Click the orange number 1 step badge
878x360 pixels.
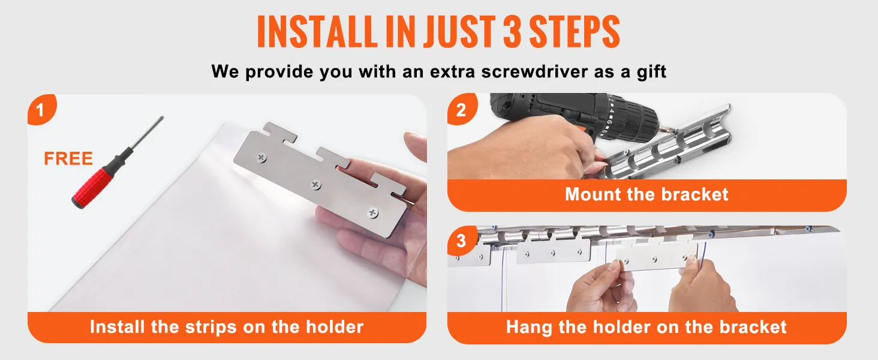click(41, 109)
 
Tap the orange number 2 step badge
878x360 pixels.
click(462, 109)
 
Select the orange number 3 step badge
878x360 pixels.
click(462, 240)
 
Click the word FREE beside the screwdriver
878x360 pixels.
click(68, 159)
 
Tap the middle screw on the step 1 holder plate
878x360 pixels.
click(316, 184)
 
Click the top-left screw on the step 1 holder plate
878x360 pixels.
click(261, 158)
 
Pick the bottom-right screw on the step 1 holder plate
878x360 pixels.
click(372, 213)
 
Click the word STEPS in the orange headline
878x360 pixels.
click(575, 31)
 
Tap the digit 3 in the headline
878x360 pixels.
click(512, 31)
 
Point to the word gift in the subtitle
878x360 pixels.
click(651, 72)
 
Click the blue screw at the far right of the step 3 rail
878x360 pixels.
click(808, 228)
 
